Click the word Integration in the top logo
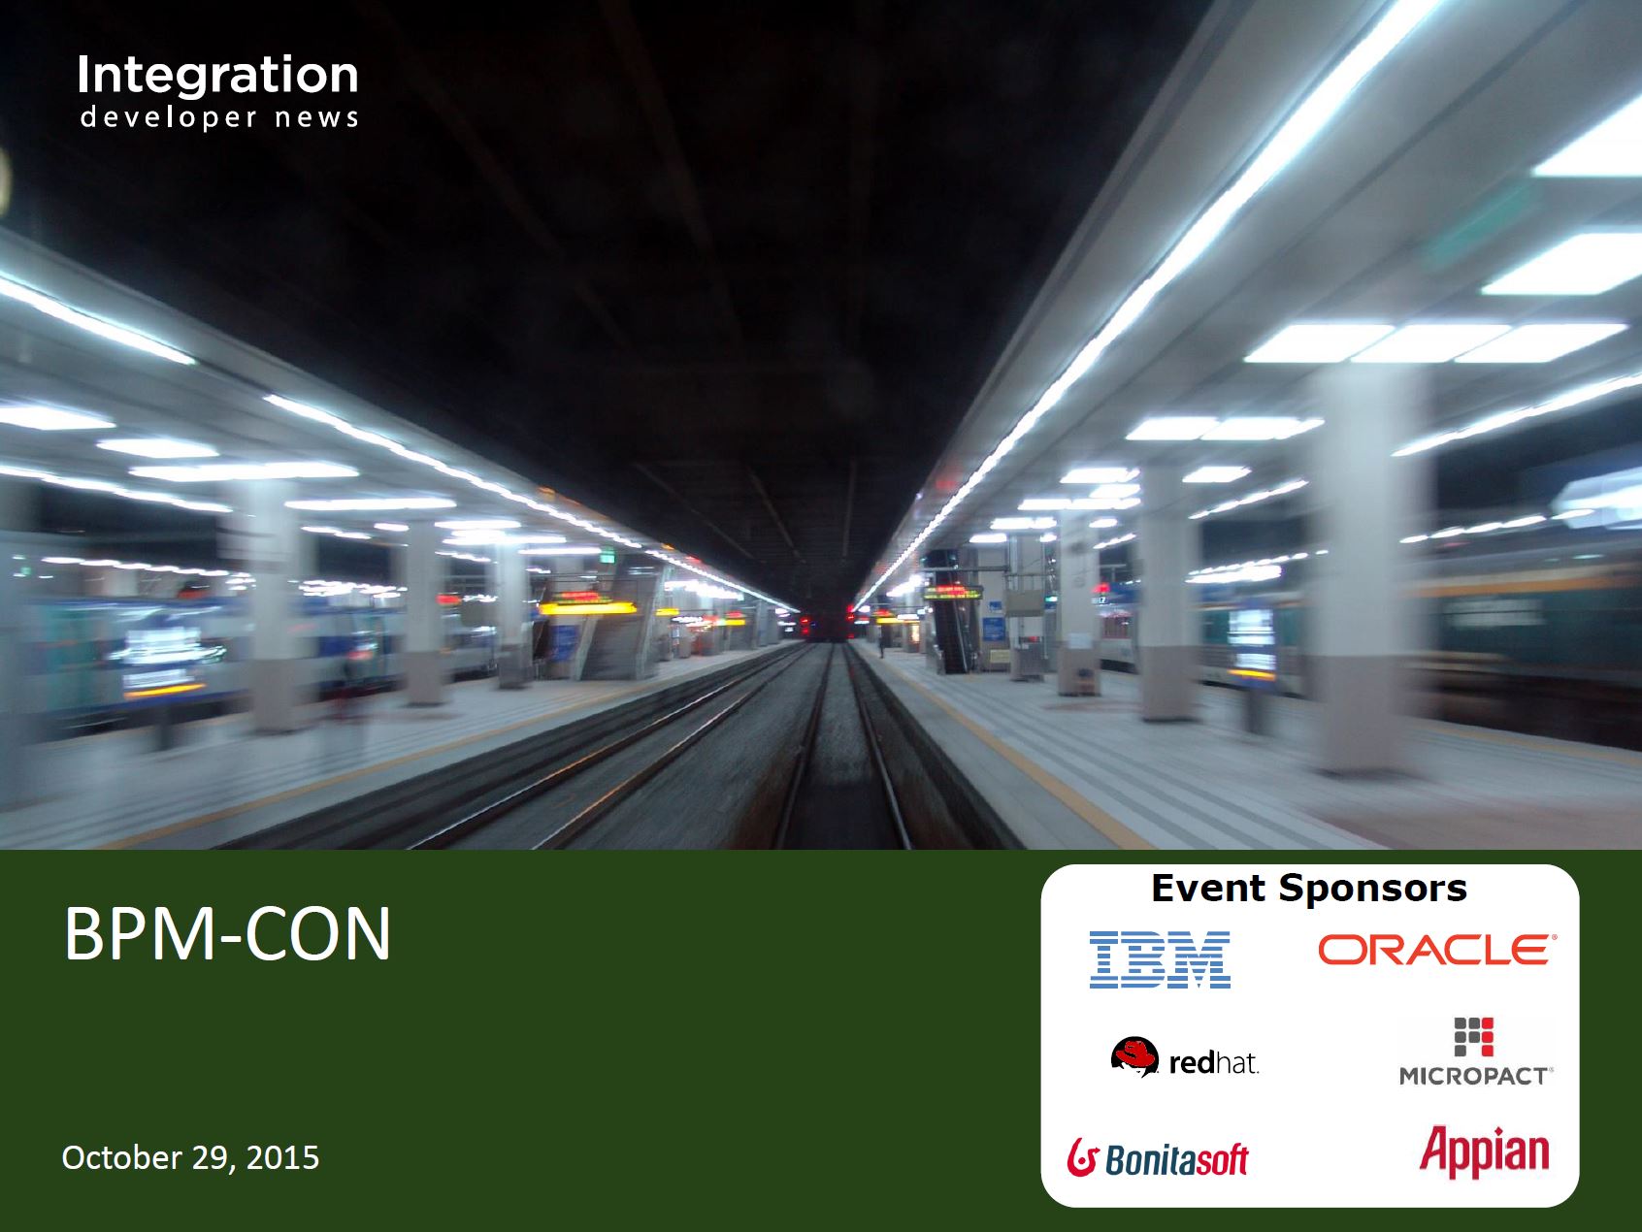[217, 77]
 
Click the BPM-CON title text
[227, 933]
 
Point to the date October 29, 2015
[190, 1157]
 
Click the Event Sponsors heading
[1309, 889]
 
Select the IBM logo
[1160, 959]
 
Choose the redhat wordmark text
[1214, 1064]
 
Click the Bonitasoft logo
[1158, 1157]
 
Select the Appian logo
[1484, 1151]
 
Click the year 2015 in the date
[282, 1157]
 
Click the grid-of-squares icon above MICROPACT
[1473, 1037]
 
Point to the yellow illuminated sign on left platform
[587, 608]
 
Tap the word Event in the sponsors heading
[1208, 889]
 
